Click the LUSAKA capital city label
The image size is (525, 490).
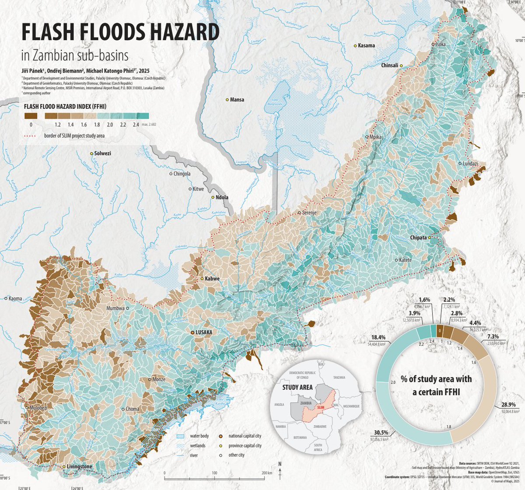[x=204, y=333]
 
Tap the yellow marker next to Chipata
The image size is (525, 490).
[x=430, y=237]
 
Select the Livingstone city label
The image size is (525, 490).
[x=79, y=466]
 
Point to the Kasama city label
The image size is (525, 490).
[x=366, y=45]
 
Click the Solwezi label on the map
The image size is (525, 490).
[x=103, y=153]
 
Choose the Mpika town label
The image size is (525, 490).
[x=375, y=137]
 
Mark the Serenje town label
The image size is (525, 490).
[x=309, y=213]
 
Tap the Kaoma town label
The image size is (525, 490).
[x=15, y=299]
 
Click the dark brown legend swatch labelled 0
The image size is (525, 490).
[x=31, y=116]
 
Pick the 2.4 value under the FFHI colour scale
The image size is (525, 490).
[x=136, y=125]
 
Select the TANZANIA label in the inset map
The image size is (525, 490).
[x=339, y=377]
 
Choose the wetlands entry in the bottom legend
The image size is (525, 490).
[x=197, y=445]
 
